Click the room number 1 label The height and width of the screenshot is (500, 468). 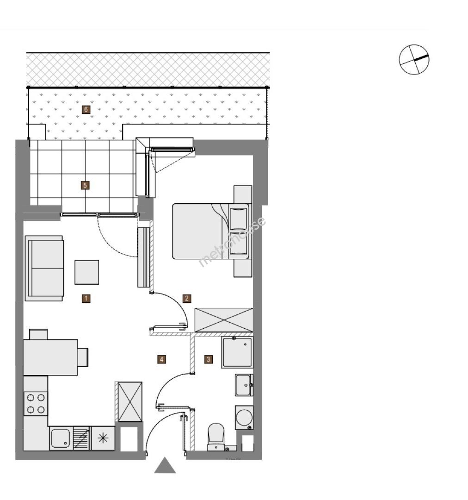(x=86, y=299)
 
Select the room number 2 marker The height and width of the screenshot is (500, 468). (x=187, y=299)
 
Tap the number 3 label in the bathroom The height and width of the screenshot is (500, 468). (x=209, y=359)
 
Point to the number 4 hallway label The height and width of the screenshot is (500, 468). (x=161, y=359)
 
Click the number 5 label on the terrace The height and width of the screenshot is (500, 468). (x=85, y=185)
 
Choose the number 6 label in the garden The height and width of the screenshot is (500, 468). (x=86, y=110)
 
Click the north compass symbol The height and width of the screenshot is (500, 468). (x=414, y=60)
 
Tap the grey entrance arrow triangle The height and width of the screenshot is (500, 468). (x=165, y=465)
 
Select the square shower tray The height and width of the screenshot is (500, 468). (x=238, y=352)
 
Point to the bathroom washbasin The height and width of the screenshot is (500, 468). (x=244, y=385)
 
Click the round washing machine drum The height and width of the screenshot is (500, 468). (x=244, y=418)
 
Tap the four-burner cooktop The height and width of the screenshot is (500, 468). (x=36, y=403)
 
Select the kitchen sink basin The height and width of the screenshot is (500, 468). (x=60, y=438)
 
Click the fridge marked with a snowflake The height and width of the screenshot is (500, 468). (x=103, y=438)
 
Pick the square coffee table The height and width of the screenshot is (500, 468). (x=86, y=272)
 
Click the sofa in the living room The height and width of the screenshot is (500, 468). (x=44, y=268)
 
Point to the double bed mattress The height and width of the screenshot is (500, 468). (x=201, y=231)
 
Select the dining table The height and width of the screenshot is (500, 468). (x=50, y=357)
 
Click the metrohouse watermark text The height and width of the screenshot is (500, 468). (x=232, y=241)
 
